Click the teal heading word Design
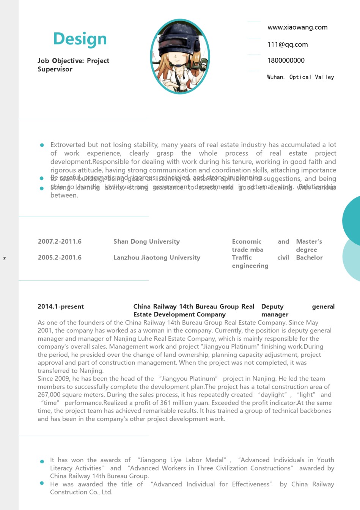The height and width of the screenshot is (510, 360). coord(80,39)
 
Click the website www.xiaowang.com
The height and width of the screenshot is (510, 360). coord(297,27)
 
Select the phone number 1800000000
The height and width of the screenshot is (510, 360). coord(286,60)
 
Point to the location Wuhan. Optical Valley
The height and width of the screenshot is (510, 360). coord(300,77)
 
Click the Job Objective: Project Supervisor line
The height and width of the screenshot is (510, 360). coord(73,65)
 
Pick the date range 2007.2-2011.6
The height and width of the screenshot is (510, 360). coord(60,241)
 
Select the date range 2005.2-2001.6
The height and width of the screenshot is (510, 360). coord(60,257)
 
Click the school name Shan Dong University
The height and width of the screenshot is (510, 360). coord(146,241)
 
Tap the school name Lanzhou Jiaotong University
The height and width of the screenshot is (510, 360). coord(157,257)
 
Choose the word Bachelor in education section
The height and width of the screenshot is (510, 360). coord(309,257)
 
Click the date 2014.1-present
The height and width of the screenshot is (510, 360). coord(61,307)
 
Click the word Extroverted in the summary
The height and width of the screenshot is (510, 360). coord(68,145)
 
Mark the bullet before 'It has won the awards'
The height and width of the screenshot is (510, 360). coord(42,461)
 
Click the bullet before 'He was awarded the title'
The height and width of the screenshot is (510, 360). coord(42,483)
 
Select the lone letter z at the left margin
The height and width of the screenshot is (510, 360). coord(5,258)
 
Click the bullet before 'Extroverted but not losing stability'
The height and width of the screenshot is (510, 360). coord(42,145)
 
